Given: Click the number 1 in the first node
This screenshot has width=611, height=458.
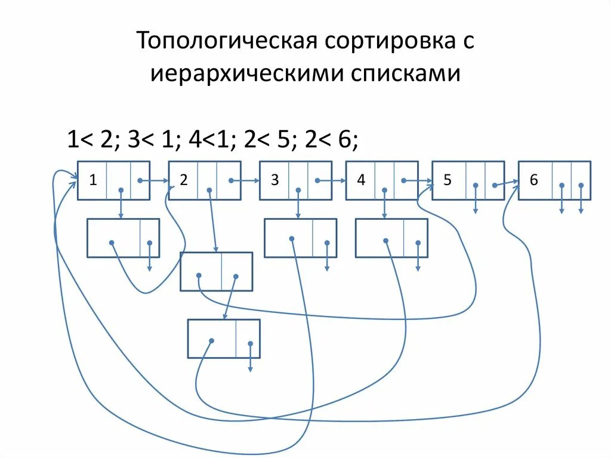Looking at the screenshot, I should pyautogui.click(x=93, y=180).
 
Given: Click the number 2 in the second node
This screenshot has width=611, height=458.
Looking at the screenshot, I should pyautogui.click(x=184, y=180).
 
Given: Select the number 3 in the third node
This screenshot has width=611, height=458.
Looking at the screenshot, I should pyautogui.click(x=274, y=180).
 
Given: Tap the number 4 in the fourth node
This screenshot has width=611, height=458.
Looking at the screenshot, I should pyautogui.click(x=361, y=180).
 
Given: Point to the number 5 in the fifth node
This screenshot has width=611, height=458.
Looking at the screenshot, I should pyautogui.click(x=447, y=180).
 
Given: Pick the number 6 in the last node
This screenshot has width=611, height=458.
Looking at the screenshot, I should pyautogui.click(x=533, y=180).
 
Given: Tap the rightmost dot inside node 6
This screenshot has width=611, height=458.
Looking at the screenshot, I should pyautogui.click(x=581, y=186).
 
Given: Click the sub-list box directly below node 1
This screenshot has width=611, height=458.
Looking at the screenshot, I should pyautogui.click(x=123, y=238).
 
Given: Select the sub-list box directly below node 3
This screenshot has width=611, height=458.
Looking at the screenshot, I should pyautogui.click(x=300, y=238).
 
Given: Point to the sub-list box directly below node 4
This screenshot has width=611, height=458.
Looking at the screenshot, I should pyautogui.click(x=391, y=238).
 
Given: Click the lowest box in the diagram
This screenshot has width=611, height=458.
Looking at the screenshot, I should pyautogui.click(x=224, y=339).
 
